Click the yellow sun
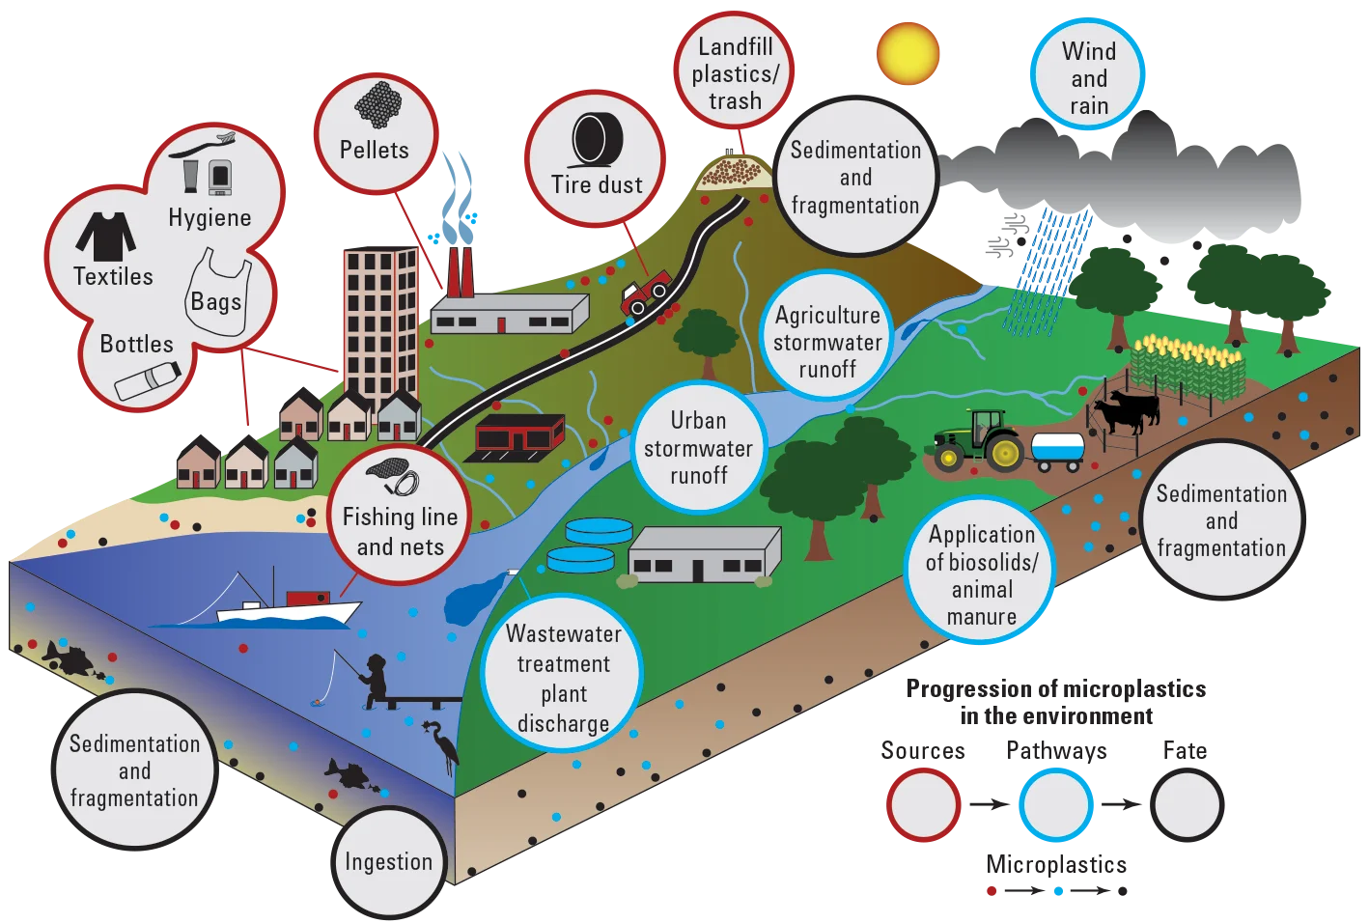[908, 54]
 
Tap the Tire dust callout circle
[596, 159]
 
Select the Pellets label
[374, 150]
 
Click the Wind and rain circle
[1088, 74]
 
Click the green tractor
[978, 440]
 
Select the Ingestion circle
[389, 862]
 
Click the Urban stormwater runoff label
[698, 448]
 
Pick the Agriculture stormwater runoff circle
[827, 335]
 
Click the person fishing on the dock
[374, 680]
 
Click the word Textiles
[113, 276]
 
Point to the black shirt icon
[106, 236]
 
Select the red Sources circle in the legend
[924, 805]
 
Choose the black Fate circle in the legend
[1187, 805]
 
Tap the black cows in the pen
[1126, 410]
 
